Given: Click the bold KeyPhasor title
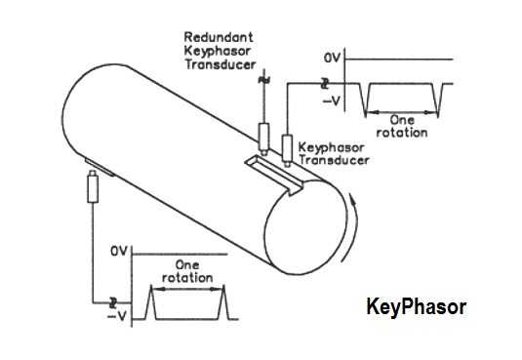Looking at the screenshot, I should click(416, 307).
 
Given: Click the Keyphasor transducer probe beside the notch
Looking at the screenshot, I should click(287, 146).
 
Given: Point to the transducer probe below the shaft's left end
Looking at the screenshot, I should click(93, 185).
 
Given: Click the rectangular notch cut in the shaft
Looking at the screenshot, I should click(274, 170).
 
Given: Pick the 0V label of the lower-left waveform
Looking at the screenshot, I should click(118, 252).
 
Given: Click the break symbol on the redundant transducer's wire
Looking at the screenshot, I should click(261, 79).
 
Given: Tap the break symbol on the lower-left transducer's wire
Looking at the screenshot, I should click(114, 300).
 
